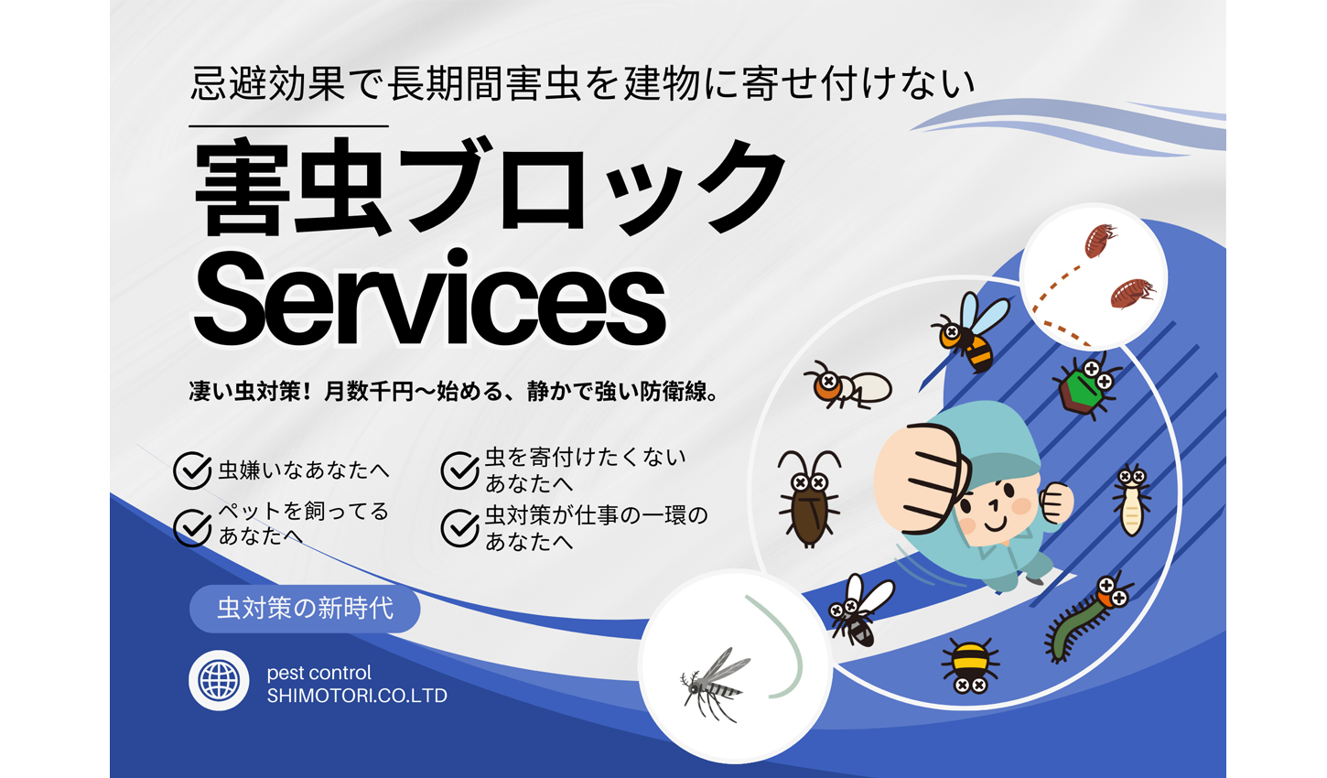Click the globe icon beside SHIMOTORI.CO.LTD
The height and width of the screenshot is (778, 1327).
coord(219,680)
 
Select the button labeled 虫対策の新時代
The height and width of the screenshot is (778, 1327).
coord(305,609)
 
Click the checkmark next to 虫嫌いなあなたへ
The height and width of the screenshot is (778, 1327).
coord(192,470)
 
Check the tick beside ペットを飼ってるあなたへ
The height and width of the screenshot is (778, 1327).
coord(192,527)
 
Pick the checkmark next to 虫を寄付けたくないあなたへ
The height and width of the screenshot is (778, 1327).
coord(459,470)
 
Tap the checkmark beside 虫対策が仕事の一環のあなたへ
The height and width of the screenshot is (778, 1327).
coord(459,527)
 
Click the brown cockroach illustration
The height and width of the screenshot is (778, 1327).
coord(809,499)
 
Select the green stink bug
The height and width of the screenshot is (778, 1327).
coord(1087,385)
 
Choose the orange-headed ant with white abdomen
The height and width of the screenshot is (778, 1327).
coord(847,385)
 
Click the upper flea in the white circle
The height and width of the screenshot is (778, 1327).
coord(1100,240)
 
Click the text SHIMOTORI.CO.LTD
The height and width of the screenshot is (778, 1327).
coord(357,696)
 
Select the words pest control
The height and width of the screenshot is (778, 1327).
coord(318,673)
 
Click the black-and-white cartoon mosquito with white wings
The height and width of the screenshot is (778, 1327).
coord(861,611)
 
